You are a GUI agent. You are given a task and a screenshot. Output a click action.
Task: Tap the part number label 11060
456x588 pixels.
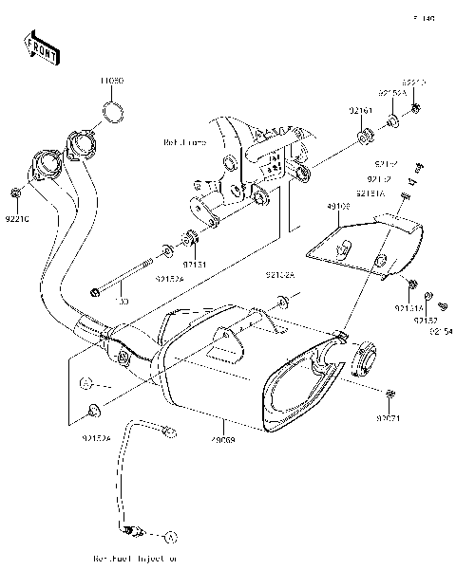coord(112,82)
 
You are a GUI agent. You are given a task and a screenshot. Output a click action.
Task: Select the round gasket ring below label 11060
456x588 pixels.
coord(113,117)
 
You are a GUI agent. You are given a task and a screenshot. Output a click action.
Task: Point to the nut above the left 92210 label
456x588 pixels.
coord(17,194)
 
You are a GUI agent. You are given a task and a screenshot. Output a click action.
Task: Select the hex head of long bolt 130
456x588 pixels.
coord(95,290)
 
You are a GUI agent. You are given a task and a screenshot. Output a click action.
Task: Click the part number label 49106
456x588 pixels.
coord(338,206)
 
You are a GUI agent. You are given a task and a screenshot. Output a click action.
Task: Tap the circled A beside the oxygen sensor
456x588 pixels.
coord(172,536)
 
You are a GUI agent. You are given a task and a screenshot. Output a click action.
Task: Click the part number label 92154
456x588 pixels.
coord(440,330)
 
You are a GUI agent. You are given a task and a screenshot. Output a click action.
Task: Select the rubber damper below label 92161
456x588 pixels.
coord(362,142)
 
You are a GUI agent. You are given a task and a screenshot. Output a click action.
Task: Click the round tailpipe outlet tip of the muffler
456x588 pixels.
coord(365,359)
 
